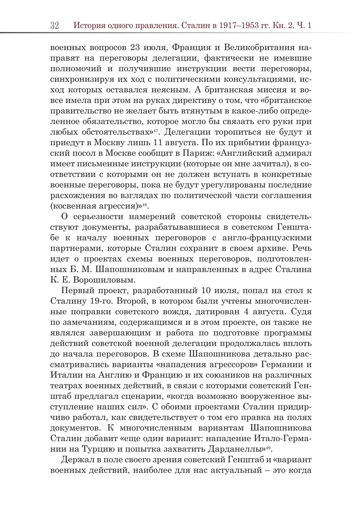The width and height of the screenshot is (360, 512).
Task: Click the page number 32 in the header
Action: click(x=54, y=25)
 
